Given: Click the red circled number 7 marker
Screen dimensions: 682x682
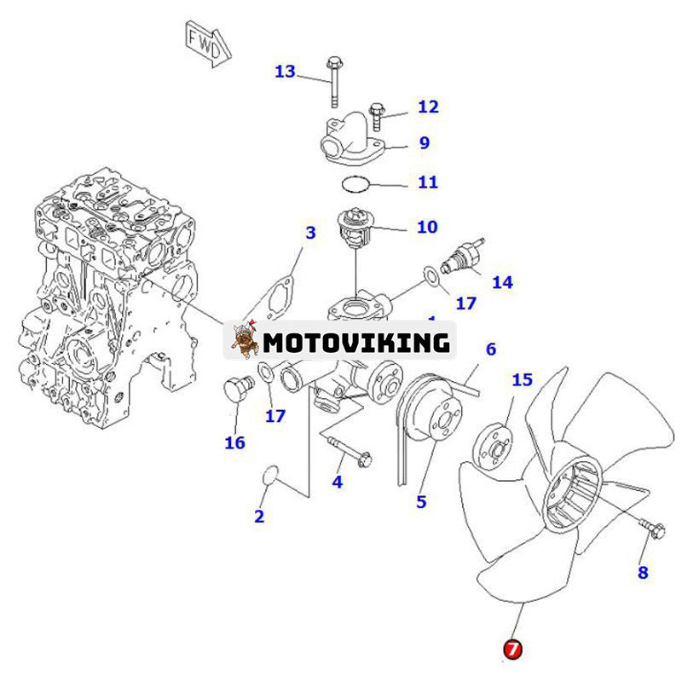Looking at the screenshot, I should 511,649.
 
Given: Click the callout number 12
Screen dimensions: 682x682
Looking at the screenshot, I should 427,107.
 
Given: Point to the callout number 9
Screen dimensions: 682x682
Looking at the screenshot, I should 424,143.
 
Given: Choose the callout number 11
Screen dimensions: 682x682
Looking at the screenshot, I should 427,182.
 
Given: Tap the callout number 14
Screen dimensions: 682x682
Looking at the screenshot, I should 503,281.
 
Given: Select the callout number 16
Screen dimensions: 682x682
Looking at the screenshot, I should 234,442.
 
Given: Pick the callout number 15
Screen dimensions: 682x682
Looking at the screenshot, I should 522,379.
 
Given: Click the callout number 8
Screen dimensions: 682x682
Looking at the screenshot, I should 643,573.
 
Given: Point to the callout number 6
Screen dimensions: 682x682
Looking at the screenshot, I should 491,349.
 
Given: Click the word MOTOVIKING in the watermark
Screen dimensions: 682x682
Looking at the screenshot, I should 355,343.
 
